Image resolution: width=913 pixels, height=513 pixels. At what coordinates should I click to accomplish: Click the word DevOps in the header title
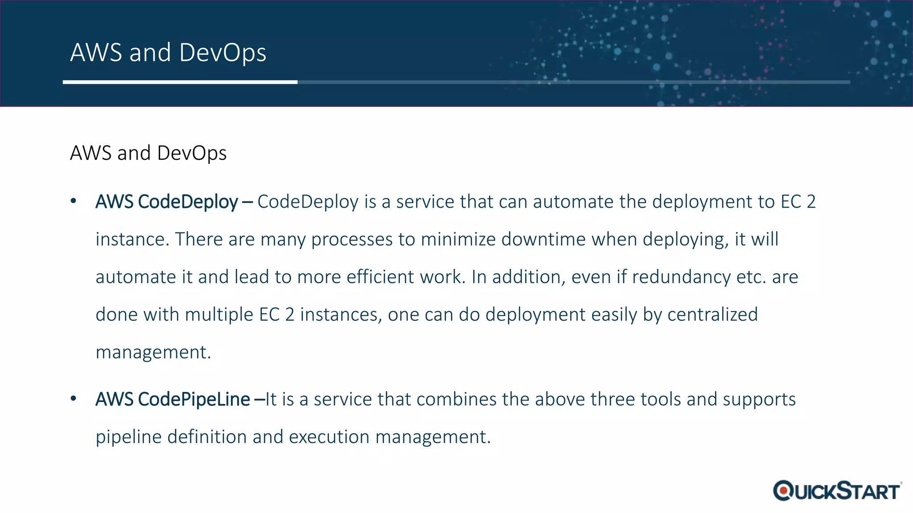(x=222, y=53)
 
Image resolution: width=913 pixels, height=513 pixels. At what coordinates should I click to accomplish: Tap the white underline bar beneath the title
(x=180, y=82)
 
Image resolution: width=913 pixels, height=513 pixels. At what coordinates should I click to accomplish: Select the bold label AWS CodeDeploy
(x=167, y=202)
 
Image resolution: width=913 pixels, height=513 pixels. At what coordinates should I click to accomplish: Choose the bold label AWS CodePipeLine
(x=173, y=399)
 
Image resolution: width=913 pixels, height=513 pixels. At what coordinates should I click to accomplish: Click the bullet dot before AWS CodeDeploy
(x=74, y=202)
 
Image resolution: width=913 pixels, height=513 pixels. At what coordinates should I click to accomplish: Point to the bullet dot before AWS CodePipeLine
(x=74, y=399)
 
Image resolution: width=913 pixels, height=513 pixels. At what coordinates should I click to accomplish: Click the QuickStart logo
(x=837, y=491)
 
